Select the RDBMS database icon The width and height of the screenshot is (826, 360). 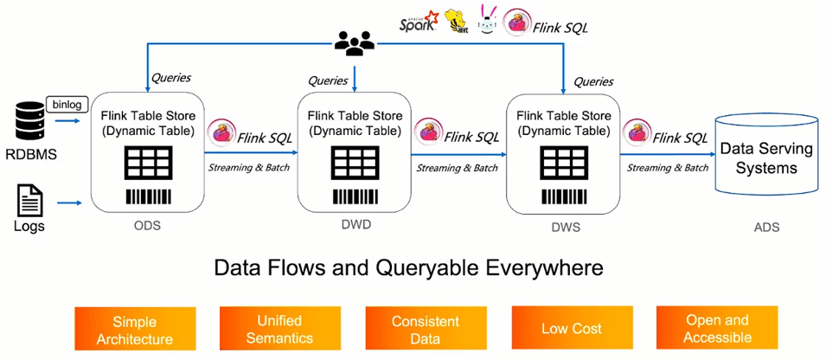(29, 121)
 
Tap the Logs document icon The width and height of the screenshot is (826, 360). (29, 202)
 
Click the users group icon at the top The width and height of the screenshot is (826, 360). (353, 43)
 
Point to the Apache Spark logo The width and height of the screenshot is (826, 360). (419, 22)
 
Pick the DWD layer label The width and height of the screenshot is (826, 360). (355, 224)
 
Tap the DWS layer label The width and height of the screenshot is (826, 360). (565, 228)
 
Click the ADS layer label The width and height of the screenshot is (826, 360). (766, 228)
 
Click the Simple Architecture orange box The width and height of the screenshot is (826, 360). (134, 330)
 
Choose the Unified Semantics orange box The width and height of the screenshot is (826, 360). (279, 330)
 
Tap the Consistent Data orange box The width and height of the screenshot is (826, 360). (426, 330)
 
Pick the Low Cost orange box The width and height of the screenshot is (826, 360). (571, 330)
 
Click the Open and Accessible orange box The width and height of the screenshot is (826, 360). (717, 330)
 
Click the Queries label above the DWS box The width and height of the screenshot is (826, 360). (593, 81)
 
